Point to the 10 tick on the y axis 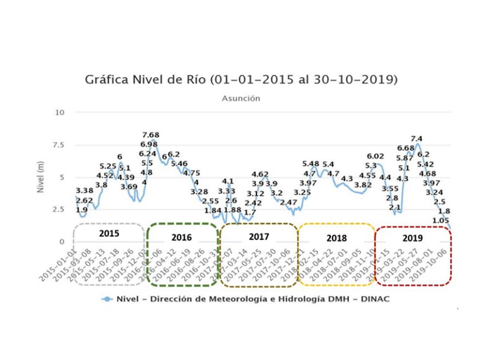coord(60,113)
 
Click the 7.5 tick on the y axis coord(58,145)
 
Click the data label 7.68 coord(150,135)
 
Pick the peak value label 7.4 coord(417,139)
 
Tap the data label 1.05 coord(440,220)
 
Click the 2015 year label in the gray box coord(109,234)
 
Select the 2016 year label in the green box coord(182,237)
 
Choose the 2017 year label coord(259,236)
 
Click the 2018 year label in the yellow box coord(336,238)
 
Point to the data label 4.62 coord(260,174)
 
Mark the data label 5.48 coord(311,164)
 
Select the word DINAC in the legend coord(376,299)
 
